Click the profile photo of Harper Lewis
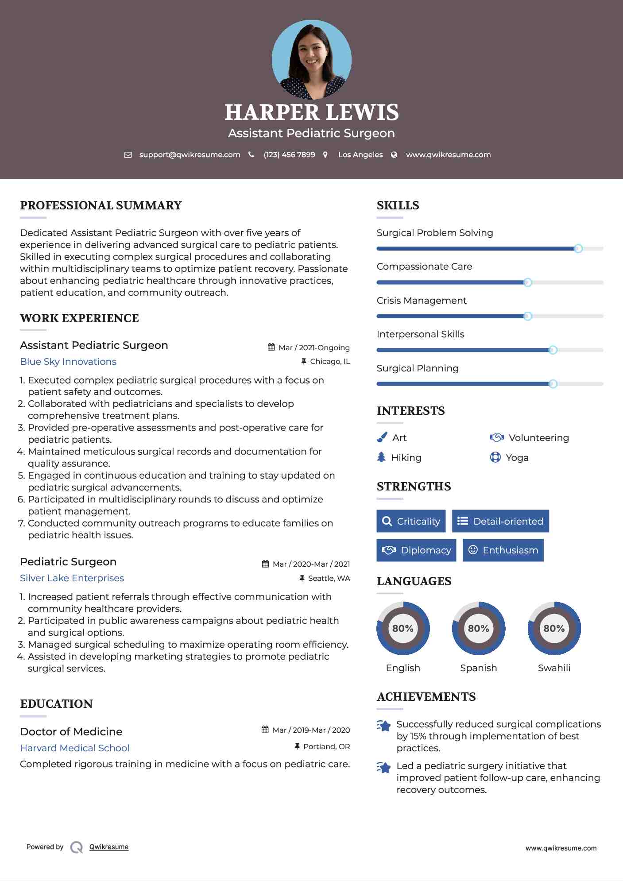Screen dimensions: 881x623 pyautogui.click(x=311, y=59)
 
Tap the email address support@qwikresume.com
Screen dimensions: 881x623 pyautogui.click(x=190, y=155)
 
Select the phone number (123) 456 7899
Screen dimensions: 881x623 pyautogui.click(x=289, y=155)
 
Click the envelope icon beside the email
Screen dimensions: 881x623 pyautogui.click(x=128, y=155)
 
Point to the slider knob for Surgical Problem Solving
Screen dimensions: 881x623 pyautogui.click(x=578, y=249)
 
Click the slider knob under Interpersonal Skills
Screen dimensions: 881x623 pyautogui.click(x=553, y=350)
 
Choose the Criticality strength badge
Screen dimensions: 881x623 pyautogui.click(x=411, y=521)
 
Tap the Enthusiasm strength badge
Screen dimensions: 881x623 pyautogui.click(x=503, y=550)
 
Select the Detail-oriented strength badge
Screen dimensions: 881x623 pyautogui.click(x=500, y=521)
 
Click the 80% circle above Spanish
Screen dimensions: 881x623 pyautogui.click(x=478, y=628)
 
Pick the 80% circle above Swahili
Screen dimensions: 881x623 pyautogui.click(x=554, y=628)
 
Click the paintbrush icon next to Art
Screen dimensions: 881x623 pyautogui.click(x=382, y=437)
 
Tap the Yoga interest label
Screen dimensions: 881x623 pyautogui.click(x=517, y=458)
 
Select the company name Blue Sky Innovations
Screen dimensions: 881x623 pyautogui.click(x=68, y=362)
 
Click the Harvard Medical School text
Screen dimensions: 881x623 pyautogui.click(x=75, y=748)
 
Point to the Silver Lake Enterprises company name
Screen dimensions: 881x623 pyautogui.click(x=72, y=578)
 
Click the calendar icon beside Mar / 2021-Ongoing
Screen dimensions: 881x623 pyautogui.click(x=271, y=348)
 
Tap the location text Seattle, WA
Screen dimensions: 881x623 pyautogui.click(x=329, y=579)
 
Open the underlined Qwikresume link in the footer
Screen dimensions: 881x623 pyautogui.click(x=109, y=847)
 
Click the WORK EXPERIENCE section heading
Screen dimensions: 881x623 pyautogui.click(x=80, y=318)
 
